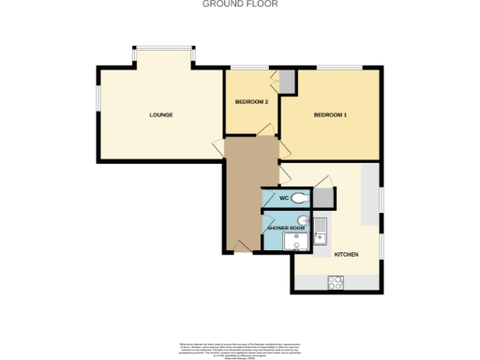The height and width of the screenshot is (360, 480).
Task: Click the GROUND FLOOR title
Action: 239,4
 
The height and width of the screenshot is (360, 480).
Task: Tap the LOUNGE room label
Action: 161,115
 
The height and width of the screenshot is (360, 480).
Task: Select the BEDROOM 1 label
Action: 330,115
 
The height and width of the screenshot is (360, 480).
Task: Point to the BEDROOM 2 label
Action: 251,101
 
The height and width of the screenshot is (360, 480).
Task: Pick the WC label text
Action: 284,199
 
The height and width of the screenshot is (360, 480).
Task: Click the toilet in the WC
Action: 299,199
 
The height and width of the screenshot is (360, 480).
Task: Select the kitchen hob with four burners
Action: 337,281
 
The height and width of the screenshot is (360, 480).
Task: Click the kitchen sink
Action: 321,231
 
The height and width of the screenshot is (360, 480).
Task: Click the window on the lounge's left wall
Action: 97,99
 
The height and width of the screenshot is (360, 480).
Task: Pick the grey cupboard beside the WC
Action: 323,197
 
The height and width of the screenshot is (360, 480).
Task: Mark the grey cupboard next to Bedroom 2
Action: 286,82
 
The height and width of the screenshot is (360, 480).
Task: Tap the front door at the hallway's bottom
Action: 241,245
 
